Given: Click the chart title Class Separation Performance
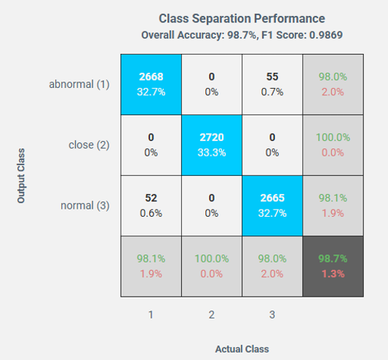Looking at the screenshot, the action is [x=242, y=18].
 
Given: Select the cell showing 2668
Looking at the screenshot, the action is [x=151, y=84].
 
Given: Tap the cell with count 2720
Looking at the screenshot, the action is [x=212, y=145].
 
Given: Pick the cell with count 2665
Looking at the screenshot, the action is [x=272, y=206].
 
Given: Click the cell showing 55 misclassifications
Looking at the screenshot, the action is [x=272, y=84].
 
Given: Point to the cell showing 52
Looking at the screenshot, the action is [x=151, y=206].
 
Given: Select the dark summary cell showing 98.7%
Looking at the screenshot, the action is [x=333, y=266].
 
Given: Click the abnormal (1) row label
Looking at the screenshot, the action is [x=79, y=84].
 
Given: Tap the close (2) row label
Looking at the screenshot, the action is [x=89, y=145].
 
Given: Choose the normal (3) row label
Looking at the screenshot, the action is [x=85, y=206].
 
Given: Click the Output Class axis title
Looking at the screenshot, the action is [x=21, y=176].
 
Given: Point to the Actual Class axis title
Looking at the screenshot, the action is [x=242, y=349].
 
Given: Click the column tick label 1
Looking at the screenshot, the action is [x=151, y=315].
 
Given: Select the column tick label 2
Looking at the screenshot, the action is [x=212, y=315].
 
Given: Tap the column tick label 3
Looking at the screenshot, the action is [x=272, y=315].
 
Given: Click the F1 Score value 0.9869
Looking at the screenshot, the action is [x=326, y=35].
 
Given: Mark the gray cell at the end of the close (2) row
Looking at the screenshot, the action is [x=333, y=145].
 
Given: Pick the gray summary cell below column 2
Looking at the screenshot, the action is [x=212, y=266].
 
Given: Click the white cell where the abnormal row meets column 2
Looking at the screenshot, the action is [x=212, y=84].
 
